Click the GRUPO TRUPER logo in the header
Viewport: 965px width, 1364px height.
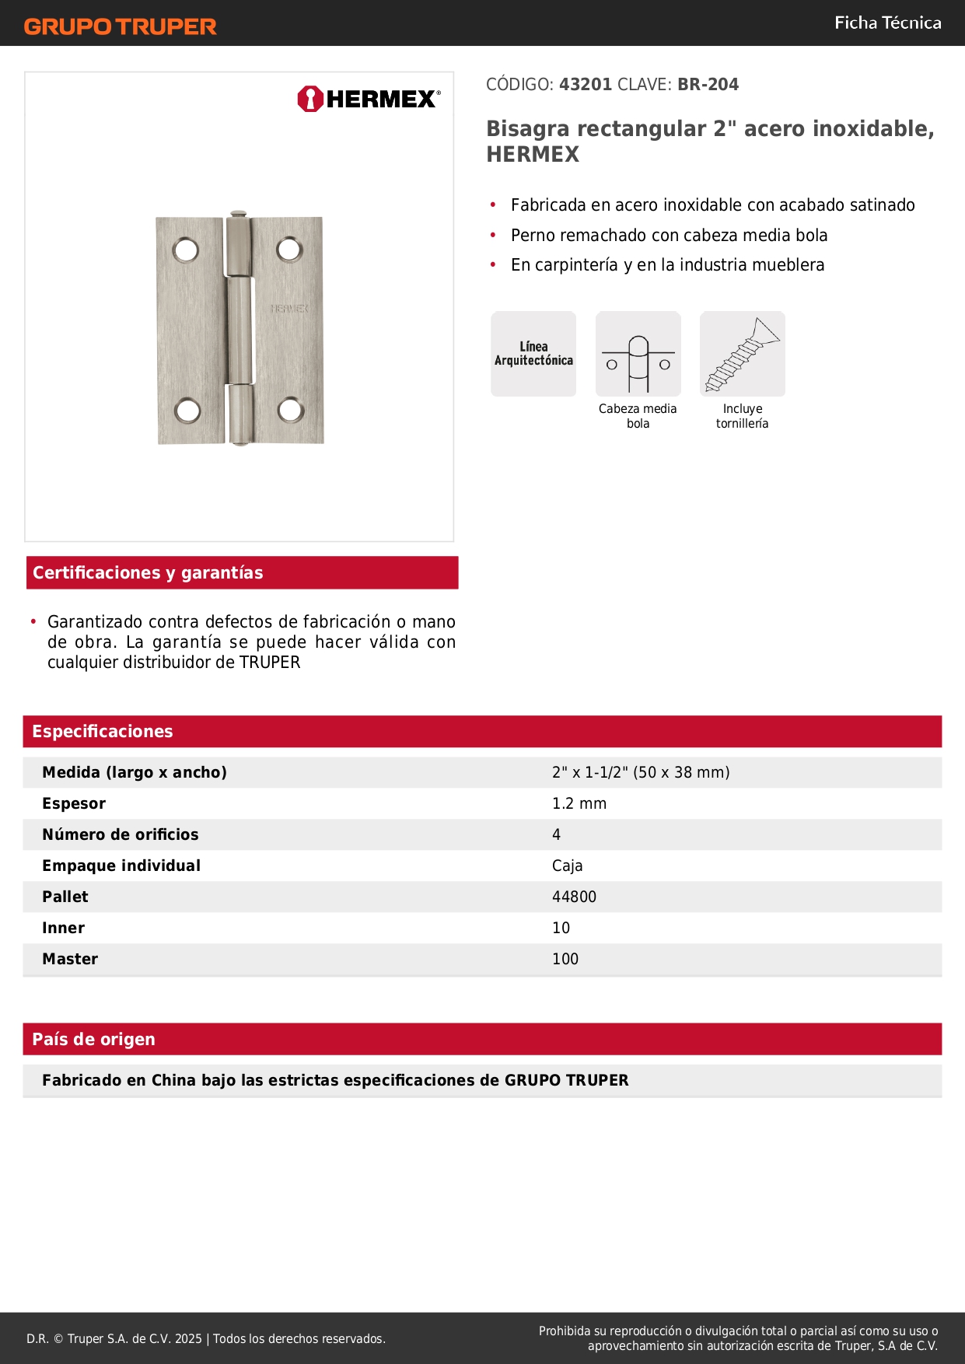coord(120,26)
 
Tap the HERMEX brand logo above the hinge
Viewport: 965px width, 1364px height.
coord(369,99)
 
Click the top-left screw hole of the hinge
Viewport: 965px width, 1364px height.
coord(186,250)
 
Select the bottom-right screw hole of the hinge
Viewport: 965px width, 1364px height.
coord(291,409)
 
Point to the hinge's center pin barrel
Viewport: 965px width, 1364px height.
coord(240,330)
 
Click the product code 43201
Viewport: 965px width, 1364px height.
coord(586,85)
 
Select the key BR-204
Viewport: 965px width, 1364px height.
coord(708,85)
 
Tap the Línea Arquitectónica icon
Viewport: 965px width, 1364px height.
coord(533,354)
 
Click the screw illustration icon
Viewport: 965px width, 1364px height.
coord(742,354)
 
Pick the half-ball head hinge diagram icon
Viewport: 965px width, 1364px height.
coord(638,354)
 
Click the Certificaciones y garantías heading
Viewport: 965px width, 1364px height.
coord(148,573)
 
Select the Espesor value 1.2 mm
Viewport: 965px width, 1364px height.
coord(579,804)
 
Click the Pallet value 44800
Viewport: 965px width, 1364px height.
coord(574,897)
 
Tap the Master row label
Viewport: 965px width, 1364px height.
coord(70,960)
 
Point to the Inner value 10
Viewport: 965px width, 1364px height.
coord(561,929)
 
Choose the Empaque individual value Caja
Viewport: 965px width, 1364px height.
coord(567,866)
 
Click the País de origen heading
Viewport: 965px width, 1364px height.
coord(93,1040)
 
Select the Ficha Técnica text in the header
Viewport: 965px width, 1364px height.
coord(887,23)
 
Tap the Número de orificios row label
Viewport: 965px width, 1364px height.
coord(121,835)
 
